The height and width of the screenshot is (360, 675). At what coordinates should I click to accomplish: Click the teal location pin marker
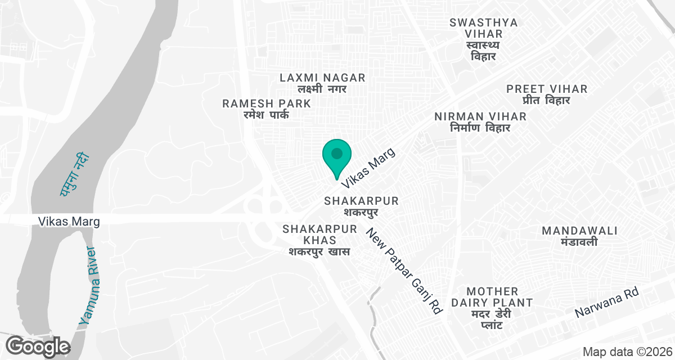tap(337, 156)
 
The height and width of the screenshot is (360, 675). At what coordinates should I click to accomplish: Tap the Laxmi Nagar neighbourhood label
tap(322, 83)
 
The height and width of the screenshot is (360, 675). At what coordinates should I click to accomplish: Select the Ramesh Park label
tap(267, 109)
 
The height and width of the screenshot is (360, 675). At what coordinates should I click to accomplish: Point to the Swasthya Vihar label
tap(484, 39)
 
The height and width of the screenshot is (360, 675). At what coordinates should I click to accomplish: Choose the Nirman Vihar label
tap(480, 121)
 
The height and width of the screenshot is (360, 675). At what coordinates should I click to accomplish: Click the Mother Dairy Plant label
tap(492, 308)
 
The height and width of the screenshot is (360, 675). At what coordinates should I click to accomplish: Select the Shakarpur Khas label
tap(320, 240)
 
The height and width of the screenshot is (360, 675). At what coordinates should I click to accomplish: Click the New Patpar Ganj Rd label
tap(404, 271)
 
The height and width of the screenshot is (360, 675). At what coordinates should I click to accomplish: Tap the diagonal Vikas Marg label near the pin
tap(368, 168)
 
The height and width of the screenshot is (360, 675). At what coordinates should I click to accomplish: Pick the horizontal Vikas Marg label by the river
tap(69, 222)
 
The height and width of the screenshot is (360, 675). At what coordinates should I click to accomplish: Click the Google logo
tap(38, 346)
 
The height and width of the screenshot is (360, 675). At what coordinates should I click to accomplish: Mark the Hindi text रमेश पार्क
tap(263, 115)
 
